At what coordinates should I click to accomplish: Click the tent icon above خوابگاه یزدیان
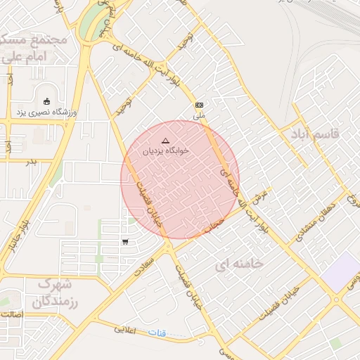166,141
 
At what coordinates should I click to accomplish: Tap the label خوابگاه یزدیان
163,151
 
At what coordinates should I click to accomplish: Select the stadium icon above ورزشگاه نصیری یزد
47,101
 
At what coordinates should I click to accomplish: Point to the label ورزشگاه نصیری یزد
48,112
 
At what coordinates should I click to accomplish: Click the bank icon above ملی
200,104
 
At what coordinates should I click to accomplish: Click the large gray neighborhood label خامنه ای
239,264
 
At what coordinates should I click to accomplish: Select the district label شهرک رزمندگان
47,293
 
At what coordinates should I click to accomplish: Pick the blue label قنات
157,332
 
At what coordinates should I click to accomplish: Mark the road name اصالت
12,315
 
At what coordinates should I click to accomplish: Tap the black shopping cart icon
125,242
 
